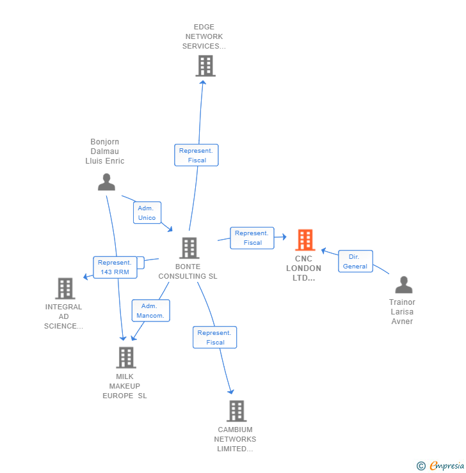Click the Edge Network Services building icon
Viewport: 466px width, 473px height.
pyautogui.click(x=205, y=66)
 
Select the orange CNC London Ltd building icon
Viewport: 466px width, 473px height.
pyautogui.click(x=305, y=240)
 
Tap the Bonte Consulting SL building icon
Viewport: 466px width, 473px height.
pyautogui.click(x=189, y=248)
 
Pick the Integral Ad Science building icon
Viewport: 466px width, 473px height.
pyautogui.click(x=65, y=289)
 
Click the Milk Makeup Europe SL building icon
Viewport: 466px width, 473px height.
pyautogui.click(x=126, y=358)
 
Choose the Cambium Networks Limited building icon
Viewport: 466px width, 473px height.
pyautogui.click(x=236, y=411)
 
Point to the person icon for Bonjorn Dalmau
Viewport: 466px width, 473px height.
pyautogui.click(x=106, y=182)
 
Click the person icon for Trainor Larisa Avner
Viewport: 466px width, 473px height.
pyautogui.click(x=403, y=285)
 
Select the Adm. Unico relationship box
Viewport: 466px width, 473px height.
pyautogui.click(x=147, y=213)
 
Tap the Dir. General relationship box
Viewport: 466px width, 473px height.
pyautogui.click(x=355, y=261)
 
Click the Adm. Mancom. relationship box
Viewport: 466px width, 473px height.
pyautogui.click(x=150, y=311)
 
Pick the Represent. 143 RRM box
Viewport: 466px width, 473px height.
pyautogui.click(x=115, y=267)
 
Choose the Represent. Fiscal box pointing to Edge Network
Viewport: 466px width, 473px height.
pyautogui.click(x=197, y=155)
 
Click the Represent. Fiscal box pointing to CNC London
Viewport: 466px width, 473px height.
pyautogui.click(x=252, y=238)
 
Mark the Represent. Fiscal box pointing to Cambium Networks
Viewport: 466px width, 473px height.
pyautogui.click(x=215, y=337)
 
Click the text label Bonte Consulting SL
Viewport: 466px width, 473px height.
pyautogui.click(x=188, y=272)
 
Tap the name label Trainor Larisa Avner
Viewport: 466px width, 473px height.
pyautogui.click(x=402, y=312)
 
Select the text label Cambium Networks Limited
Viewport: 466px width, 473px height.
pyautogui.click(x=235, y=439)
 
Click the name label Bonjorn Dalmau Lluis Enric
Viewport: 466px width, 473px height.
pyautogui.click(x=105, y=151)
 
